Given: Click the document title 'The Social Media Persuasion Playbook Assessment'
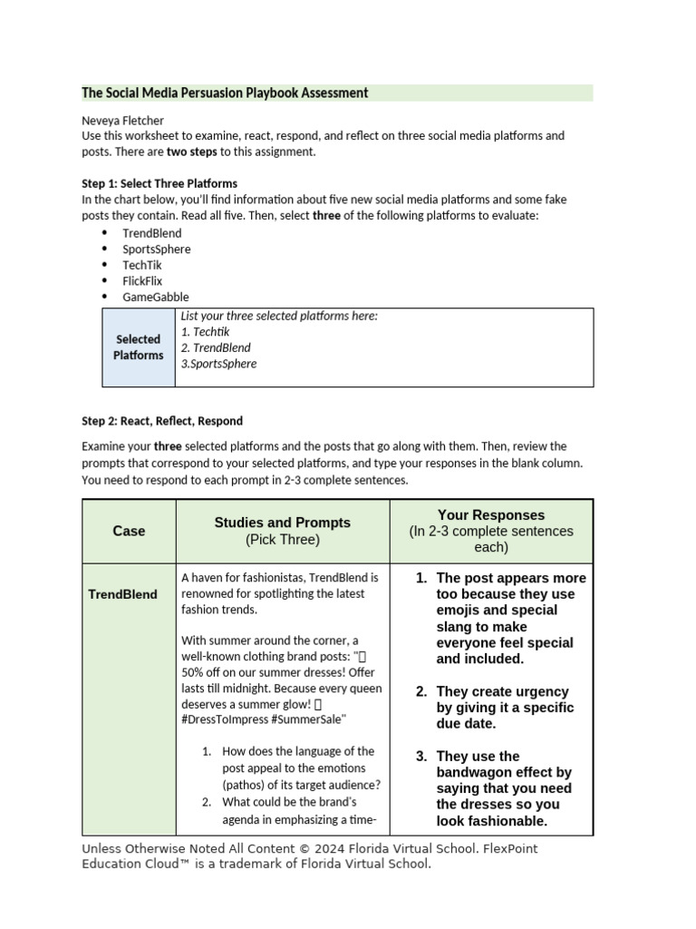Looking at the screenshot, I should [225, 93].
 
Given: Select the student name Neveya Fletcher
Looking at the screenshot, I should [123, 120].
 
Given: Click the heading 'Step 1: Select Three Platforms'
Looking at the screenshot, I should [159, 183].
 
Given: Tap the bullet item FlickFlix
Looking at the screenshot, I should [142, 281].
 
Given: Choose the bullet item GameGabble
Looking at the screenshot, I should [156, 298].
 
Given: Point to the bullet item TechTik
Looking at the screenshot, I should [141, 265].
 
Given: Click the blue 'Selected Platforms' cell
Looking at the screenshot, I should [138, 347].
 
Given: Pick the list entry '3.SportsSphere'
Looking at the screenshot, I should [218, 364].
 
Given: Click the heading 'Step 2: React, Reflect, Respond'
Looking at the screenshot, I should [162, 421].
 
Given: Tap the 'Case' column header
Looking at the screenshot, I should [129, 531].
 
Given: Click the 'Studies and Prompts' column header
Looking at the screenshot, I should [282, 523].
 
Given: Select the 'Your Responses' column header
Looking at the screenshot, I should [490, 514].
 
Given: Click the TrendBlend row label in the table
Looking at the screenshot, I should [122, 594].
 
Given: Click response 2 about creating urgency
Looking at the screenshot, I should [503, 708].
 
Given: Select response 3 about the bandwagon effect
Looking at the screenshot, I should [503, 788].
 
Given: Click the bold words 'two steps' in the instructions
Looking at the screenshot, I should [190, 152].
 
